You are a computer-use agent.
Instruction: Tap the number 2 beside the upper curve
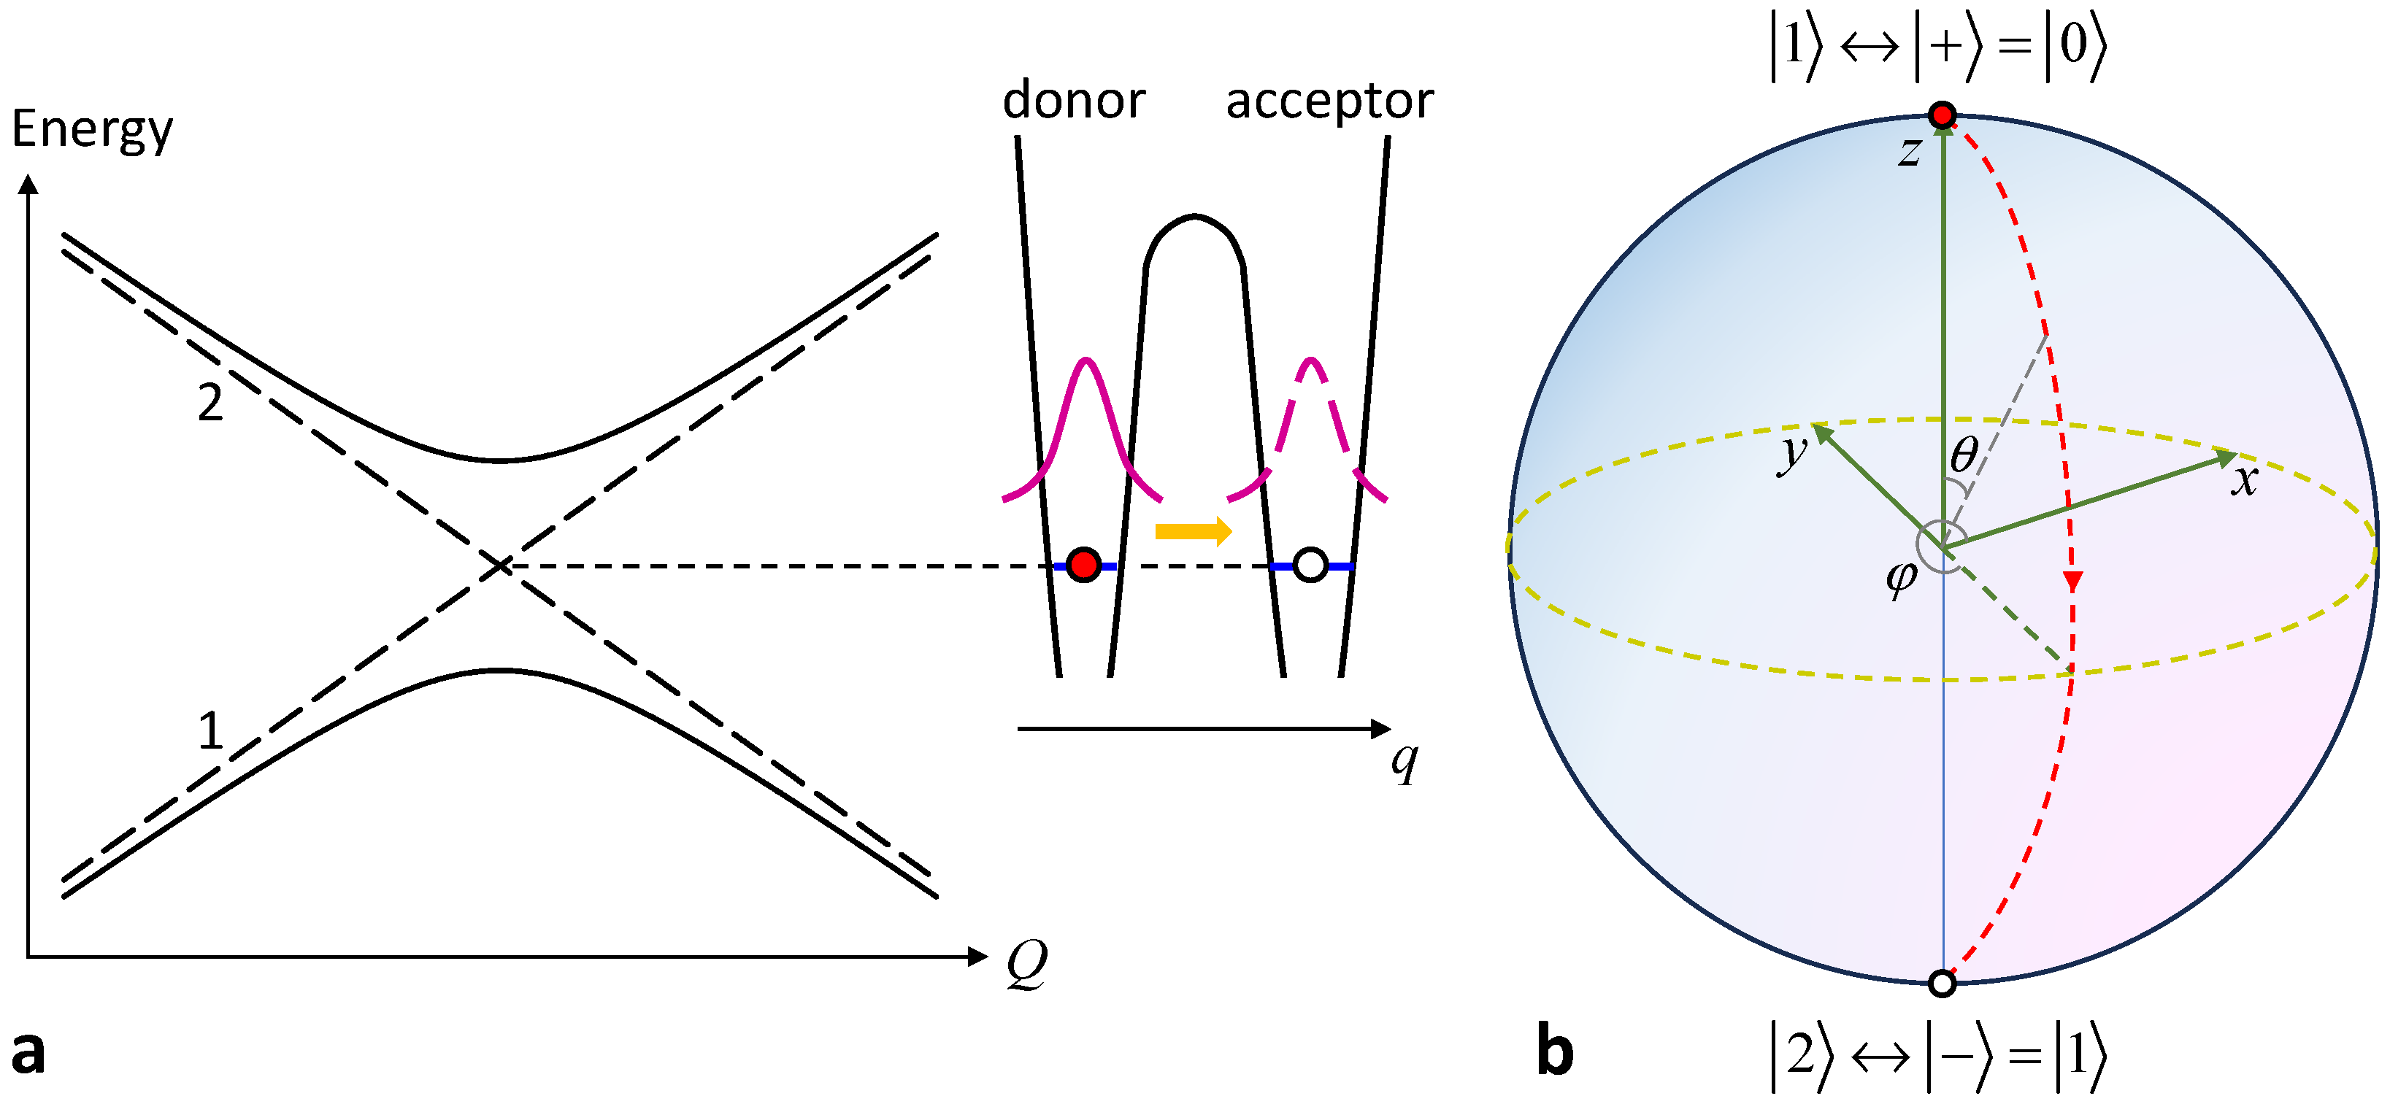[x=211, y=403]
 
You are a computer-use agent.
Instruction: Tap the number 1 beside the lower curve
[x=211, y=731]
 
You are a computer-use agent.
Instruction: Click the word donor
[x=1074, y=99]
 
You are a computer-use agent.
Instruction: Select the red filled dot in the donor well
[x=1083, y=564]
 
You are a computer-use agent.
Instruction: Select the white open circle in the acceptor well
[x=1310, y=564]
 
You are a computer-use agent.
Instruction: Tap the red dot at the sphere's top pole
[x=1942, y=115]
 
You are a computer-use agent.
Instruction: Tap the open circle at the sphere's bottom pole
[x=1942, y=984]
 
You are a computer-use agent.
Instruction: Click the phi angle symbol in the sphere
[x=1900, y=578]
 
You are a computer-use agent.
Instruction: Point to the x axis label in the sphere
[x=2244, y=481]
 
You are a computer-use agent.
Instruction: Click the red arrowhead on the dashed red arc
[x=2072, y=582]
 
